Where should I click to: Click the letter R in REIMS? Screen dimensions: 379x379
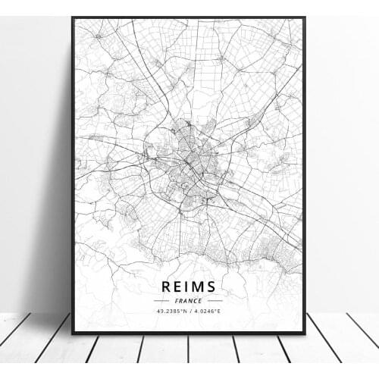(x=165, y=287)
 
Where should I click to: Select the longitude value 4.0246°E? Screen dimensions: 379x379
(x=207, y=311)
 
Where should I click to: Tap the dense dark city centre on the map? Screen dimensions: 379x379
(x=188, y=152)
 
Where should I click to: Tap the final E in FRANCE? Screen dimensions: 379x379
(x=201, y=300)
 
